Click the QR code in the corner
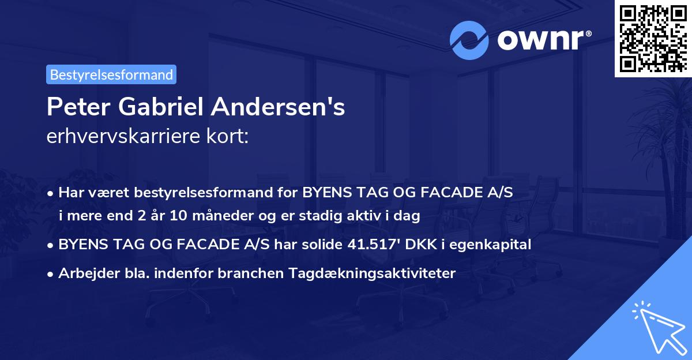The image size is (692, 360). click(653, 38)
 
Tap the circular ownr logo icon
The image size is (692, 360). click(468, 40)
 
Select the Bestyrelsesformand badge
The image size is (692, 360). click(111, 74)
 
